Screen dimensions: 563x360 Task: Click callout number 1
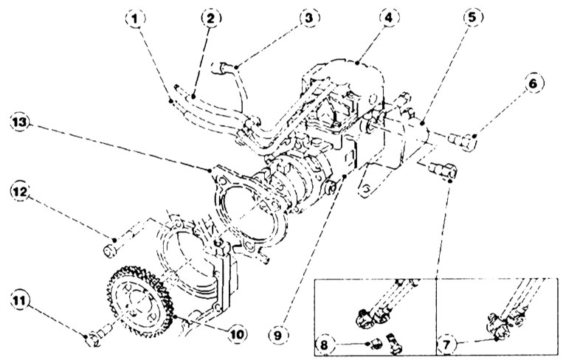click(x=136, y=18)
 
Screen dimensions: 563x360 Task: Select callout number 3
click(x=309, y=18)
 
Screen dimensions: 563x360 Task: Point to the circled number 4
click(x=389, y=18)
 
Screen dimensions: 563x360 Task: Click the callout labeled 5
click(x=473, y=17)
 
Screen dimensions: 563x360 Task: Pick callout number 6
click(x=533, y=83)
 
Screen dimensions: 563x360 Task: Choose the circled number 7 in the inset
click(x=446, y=345)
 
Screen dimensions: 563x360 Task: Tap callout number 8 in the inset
click(x=324, y=345)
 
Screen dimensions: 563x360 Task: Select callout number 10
click(x=238, y=335)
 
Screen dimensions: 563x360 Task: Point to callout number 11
click(x=20, y=300)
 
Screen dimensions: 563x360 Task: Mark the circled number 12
click(x=20, y=191)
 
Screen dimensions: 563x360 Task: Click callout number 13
click(x=20, y=122)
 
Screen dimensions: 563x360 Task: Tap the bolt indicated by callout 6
click(x=462, y=141)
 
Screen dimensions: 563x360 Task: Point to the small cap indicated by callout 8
click(x=376, y=344)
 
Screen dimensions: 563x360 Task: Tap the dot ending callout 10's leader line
click(x=175, y=317)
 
